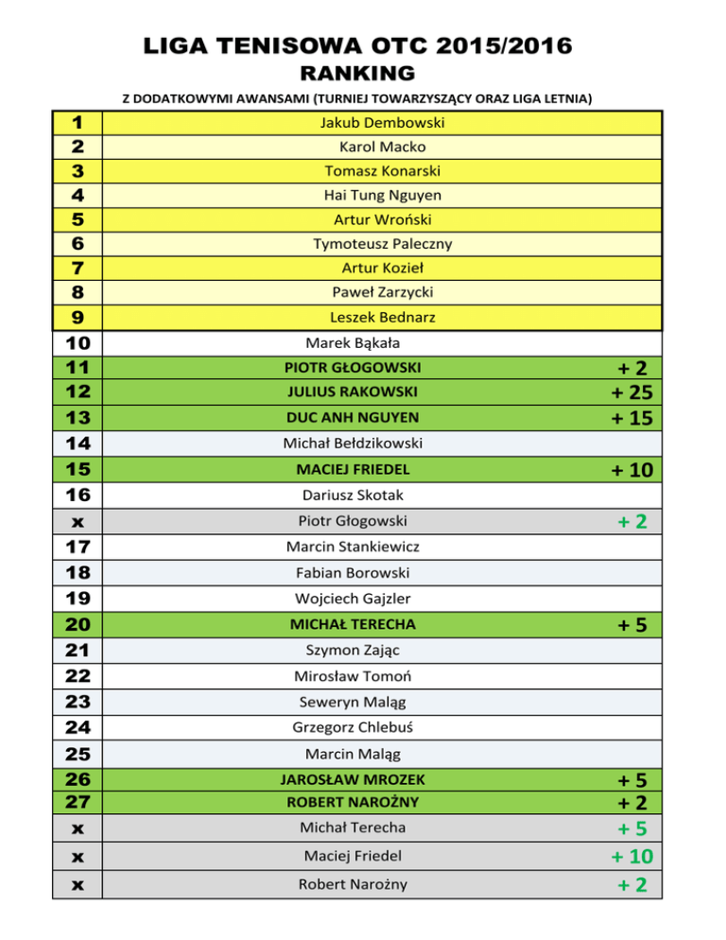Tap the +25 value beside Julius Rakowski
coord(632,392)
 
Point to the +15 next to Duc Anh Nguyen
coord(632,418)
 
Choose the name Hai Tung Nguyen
coord(382,196)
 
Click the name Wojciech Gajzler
coord(353,598)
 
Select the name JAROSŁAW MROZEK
coord(353,780)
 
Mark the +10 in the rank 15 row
coord(632,470)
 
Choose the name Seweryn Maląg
coord(353,702)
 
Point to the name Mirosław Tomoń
coord(353,676)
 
